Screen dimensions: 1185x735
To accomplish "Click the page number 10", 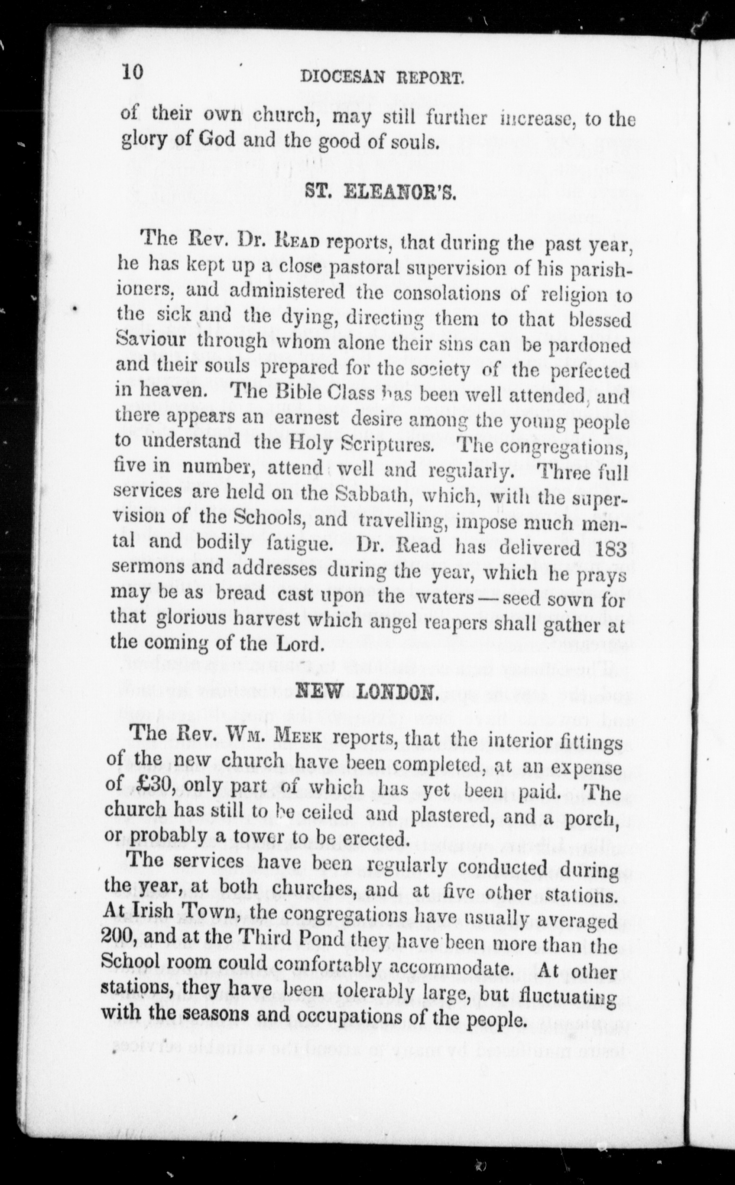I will pyautogui.click(x=132, y=72).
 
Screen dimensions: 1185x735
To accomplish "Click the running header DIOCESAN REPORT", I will pyautogui.click(x=382, y=76).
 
